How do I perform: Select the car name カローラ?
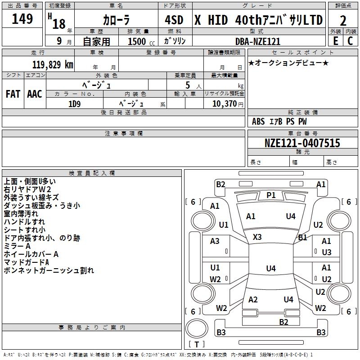point(116,20)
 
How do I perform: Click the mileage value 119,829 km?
point(53,64)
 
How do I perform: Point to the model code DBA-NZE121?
point(258,41)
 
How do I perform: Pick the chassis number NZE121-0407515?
point(302,143)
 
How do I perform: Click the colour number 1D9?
point(74,103)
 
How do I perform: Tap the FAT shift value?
point(13,94)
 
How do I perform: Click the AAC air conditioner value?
point(34,94)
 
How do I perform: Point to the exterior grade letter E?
point(335,41)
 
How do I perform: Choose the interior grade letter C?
point(350,41)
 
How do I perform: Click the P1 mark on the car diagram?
point(271,195)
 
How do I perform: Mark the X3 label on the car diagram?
point(257,237)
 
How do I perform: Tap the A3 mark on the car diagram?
point(215,241)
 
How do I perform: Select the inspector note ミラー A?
point(17,246)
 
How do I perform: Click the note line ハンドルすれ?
point(24,222)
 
